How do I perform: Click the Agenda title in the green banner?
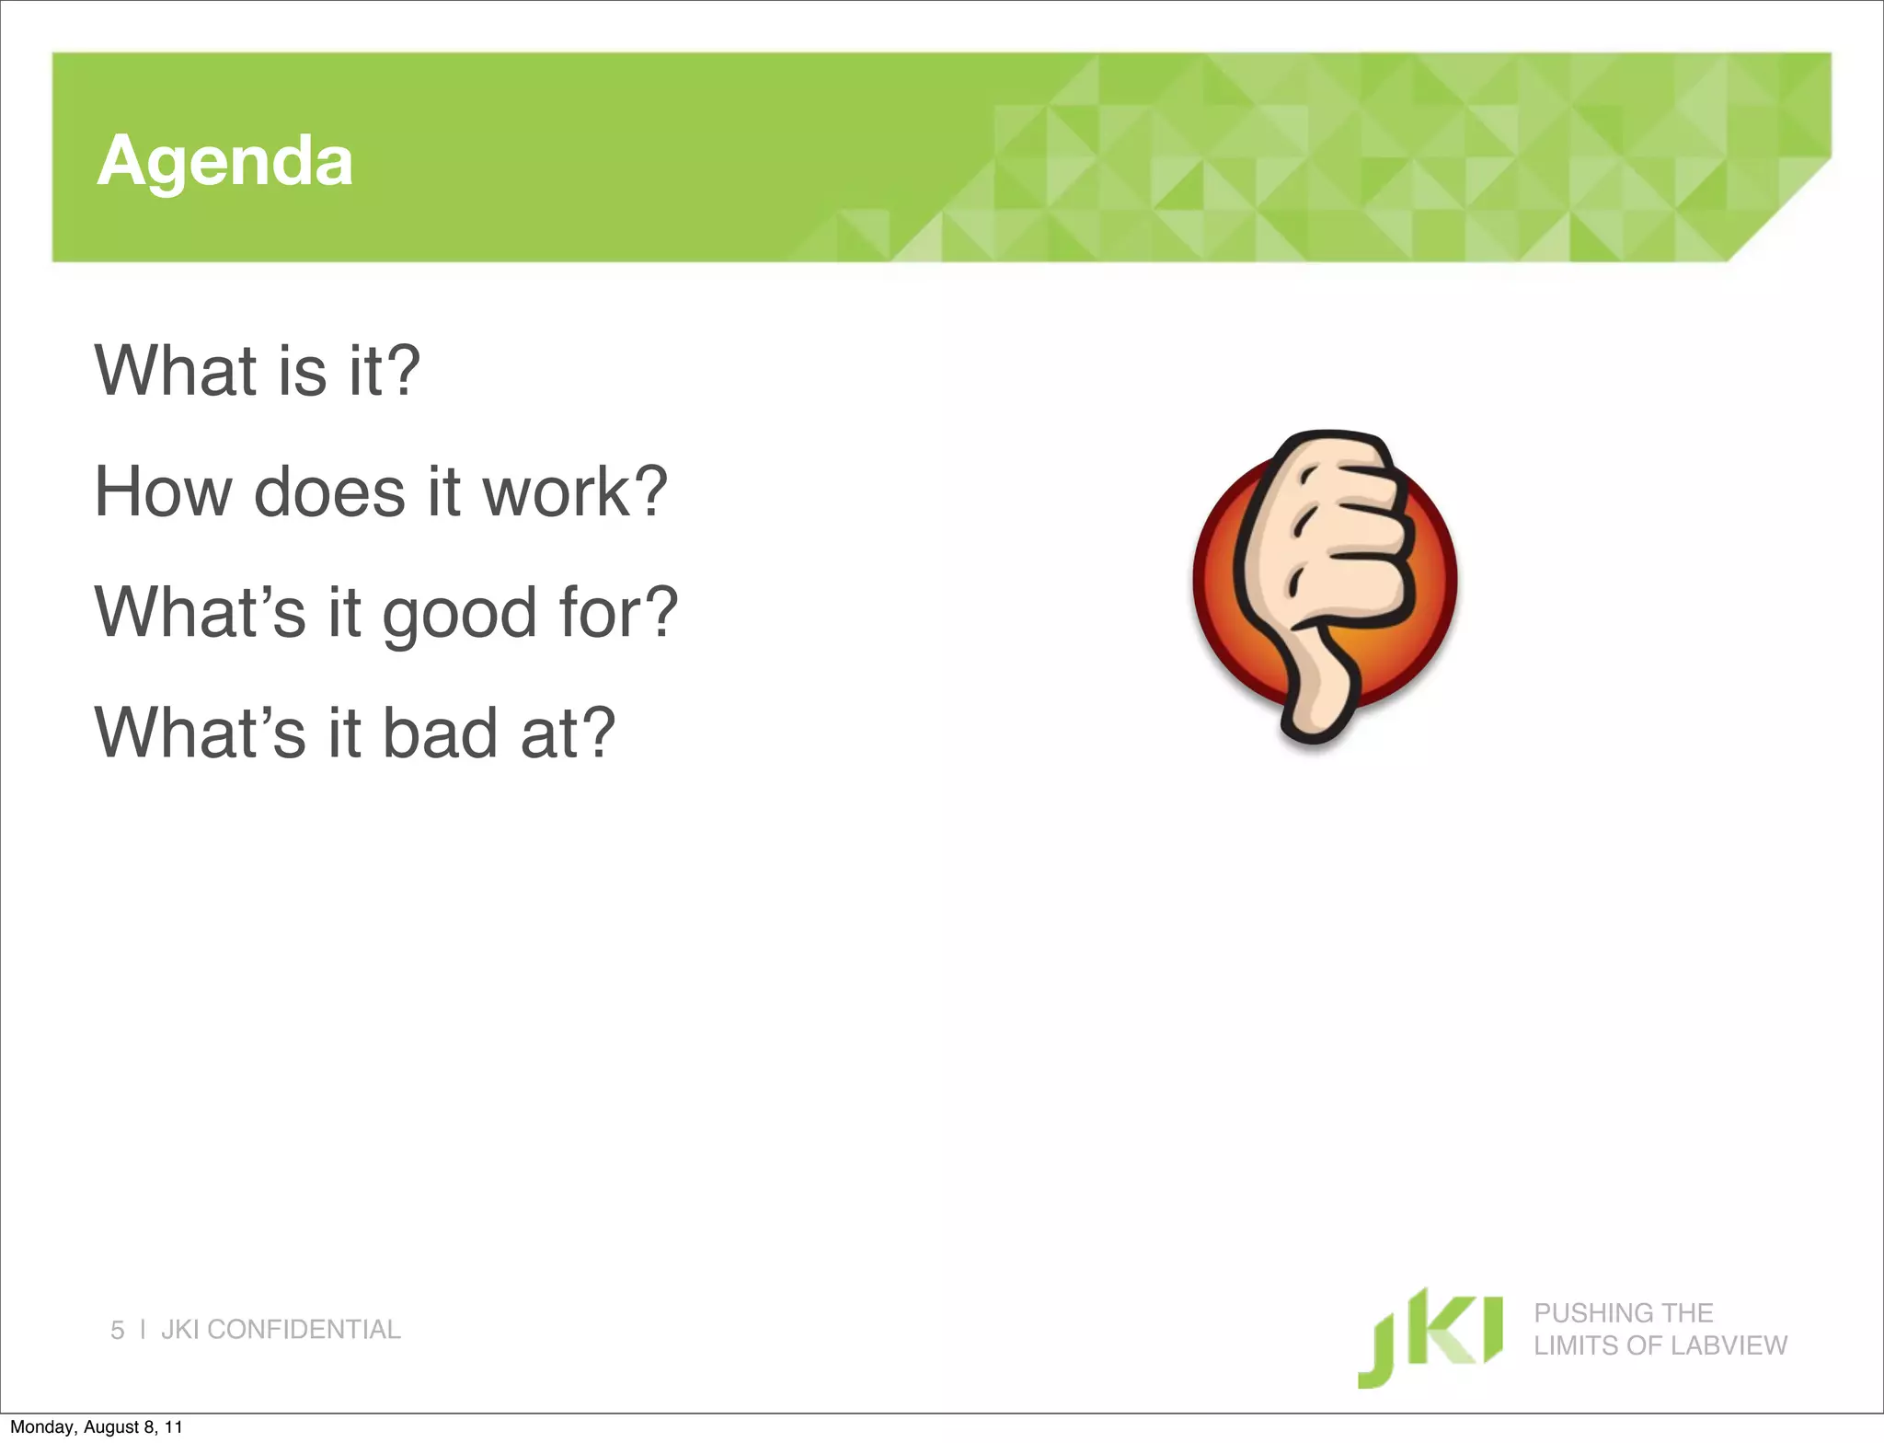(x=224, y=161)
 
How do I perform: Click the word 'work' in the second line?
(x=556, y=491)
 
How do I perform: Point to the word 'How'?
(x=163, y=491)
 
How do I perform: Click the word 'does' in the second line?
(x=329, y=491)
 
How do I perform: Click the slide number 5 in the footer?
(x=117, y=1330)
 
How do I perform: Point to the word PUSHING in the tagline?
(x=1581, y=1312)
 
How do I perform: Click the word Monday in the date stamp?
(x=42, y=1427)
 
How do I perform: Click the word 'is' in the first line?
(x=303, y=371)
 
